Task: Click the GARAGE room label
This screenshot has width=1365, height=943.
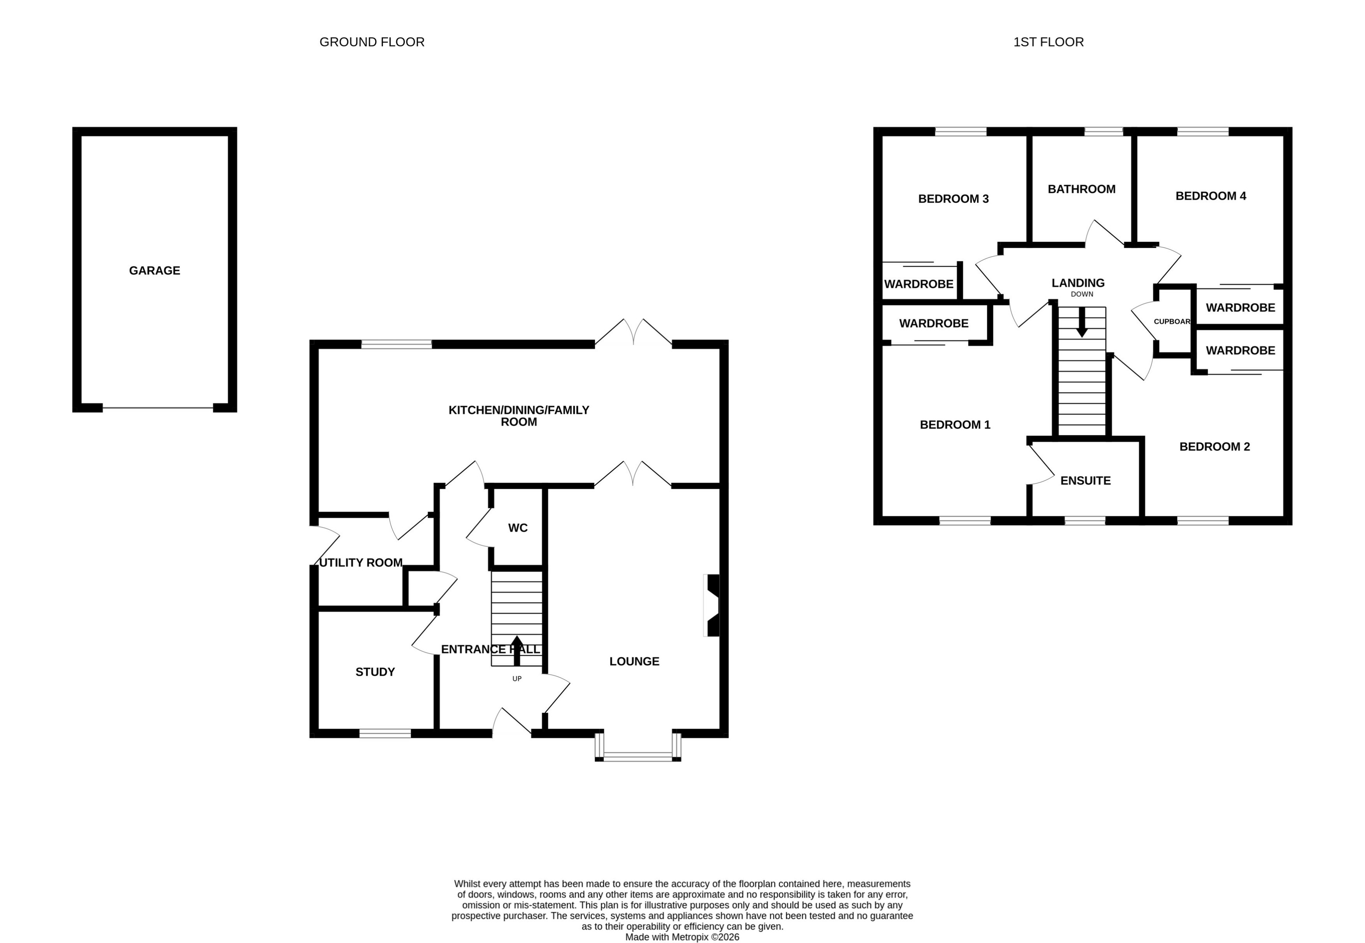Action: point(154,271)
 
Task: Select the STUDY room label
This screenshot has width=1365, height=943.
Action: point(375,672)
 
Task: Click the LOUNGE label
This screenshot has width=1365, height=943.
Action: point(634,661)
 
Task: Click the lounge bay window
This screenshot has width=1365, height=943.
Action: point(638,756)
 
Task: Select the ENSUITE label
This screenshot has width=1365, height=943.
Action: point(1085,480)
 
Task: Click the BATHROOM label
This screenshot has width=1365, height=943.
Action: point(1081,189)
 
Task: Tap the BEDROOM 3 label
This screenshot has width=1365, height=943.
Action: point(953,198)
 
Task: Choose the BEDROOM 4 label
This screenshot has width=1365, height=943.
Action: point(1210,196)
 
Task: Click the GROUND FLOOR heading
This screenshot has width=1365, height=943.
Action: point(372,42)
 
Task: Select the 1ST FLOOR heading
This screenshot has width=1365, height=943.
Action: point(1048,42)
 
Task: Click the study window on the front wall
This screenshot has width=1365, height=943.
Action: point(385,733)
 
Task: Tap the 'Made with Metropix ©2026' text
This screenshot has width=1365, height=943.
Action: point(682,936)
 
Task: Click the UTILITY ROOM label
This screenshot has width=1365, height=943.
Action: point(361,563)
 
